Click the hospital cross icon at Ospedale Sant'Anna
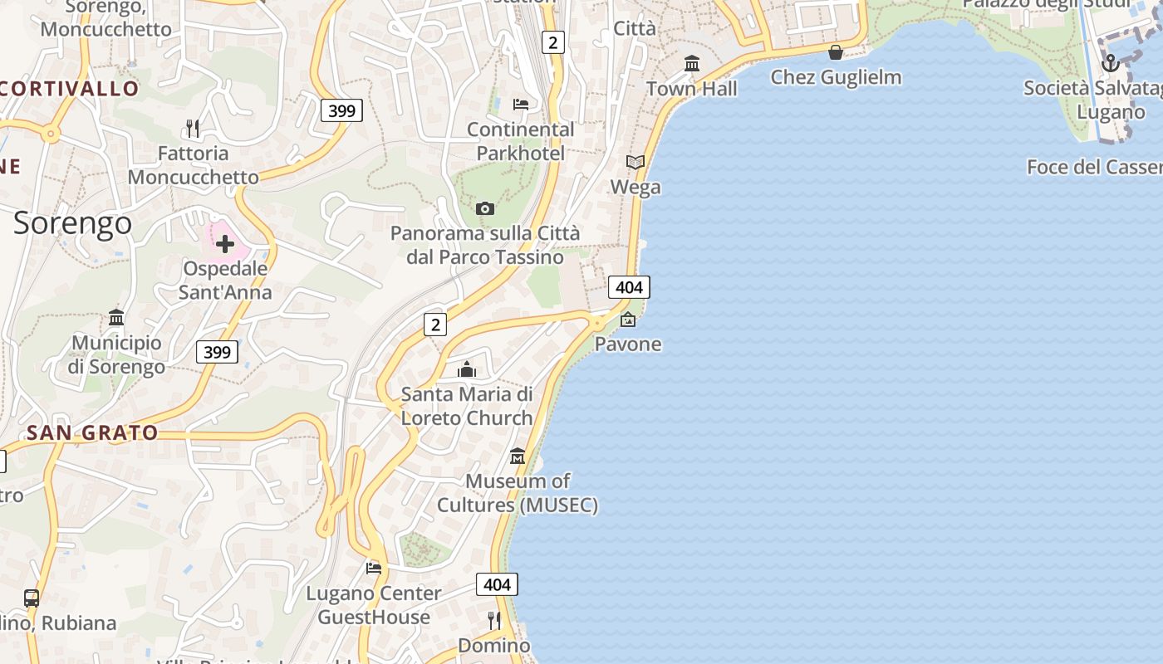[x=225, y=244]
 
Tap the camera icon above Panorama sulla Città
[x=485, y=208]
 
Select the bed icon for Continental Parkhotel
[x=521, y=105]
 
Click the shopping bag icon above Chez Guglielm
[x=836, y=52]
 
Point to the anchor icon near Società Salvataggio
[x=1111, y=62]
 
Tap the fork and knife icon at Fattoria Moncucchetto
[x=193, y=128]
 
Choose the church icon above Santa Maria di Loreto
[x=467, y=369]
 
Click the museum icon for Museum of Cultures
[x=518, y=456]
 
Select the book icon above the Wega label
[x=635, y=162]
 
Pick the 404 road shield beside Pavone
[x=629, y=287]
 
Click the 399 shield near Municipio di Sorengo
[x=217, y=352]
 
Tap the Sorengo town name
[x=72, y=223]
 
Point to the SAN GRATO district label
[x=92, y=432]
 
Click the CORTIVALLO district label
[x=70, y=88]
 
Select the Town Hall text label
[x=691, y=88]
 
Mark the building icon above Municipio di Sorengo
[x=116, y=317]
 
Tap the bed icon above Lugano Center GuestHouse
[x=374, y=568]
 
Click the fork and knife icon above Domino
[x=494, y=620]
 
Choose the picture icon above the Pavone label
[x=628, y=319]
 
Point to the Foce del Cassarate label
[x=1094, y=167]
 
